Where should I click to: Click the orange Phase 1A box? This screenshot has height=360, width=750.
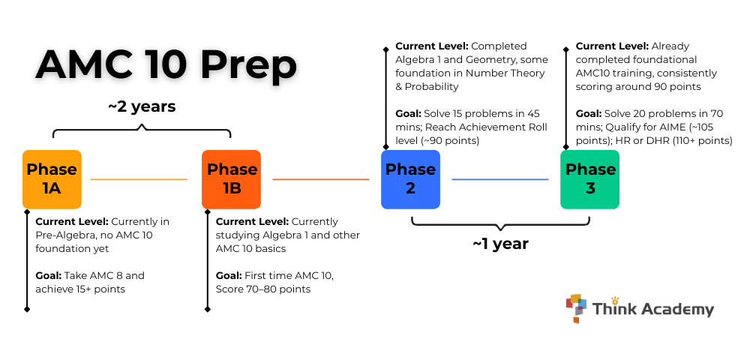coord(52,179)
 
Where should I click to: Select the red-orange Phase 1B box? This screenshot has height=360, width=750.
coord(231,179)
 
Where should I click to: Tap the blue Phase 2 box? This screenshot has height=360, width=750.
coord(410,179)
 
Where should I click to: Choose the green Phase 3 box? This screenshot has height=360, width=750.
coord(590,179)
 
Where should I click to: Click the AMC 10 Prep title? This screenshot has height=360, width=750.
coord(166,65)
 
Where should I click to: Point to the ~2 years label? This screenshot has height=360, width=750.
coord(142,106)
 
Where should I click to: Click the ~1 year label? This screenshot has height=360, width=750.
coord(500,244)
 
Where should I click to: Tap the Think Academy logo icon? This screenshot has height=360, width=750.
coord(576,308)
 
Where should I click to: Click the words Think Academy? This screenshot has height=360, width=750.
coord(652,309)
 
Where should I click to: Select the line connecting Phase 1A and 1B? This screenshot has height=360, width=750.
coord(139,179)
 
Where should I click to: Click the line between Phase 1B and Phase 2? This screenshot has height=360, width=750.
coord(320,179)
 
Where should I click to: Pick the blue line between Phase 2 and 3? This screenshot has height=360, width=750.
coord(499,179)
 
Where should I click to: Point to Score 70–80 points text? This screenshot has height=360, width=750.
coord(263,289)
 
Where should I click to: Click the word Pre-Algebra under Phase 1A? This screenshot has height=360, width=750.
coord(65,235)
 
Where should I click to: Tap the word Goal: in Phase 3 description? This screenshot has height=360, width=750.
coord(589,114)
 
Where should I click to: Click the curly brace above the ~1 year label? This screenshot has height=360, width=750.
coord(500,223)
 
